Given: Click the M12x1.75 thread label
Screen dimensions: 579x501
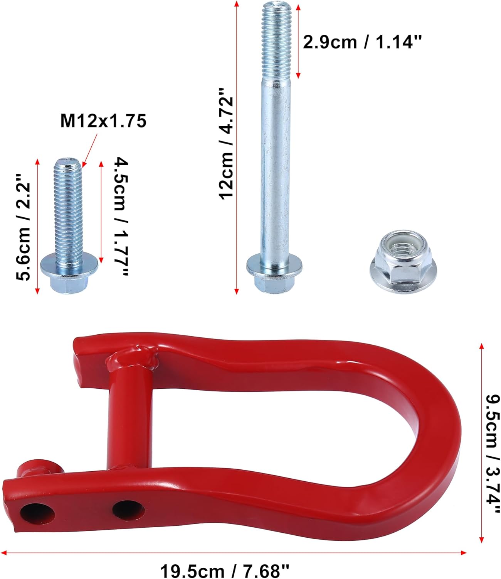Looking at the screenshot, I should (x=103, y=121).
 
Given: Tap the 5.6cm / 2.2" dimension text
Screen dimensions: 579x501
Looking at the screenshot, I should (x=22, y=227).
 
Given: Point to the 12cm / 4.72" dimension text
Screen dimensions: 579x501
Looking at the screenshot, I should (x=227, y=143).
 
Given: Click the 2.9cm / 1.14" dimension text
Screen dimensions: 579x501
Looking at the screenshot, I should (x=362, y=42).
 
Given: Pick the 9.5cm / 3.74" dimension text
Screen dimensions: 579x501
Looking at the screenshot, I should (x=491, y=448).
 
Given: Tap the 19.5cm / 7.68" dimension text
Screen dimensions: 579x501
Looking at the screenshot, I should (x=225, y=571).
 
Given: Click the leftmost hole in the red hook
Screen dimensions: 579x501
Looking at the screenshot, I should (x=37, y=514).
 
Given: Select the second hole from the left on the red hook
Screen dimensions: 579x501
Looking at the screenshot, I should (x=128, y=510).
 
